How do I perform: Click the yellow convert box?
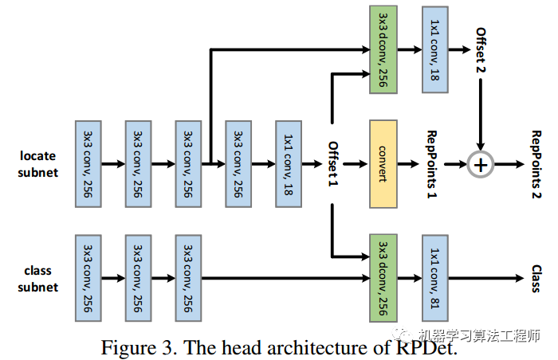coord(383,163)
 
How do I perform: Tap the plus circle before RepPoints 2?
coord(480,164)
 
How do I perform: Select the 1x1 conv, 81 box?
coord(435,278)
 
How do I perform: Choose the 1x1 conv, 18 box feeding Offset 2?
coord(435,49)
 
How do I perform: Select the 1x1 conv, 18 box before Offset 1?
coord(289,163)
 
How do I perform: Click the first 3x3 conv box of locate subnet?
coord(88,163)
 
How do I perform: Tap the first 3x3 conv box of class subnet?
coord(88,278)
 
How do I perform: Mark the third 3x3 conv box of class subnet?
coord(189,278)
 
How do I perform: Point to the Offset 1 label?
coord(334,164)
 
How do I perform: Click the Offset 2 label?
coord(481,49)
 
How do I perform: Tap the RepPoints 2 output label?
coord(536,164)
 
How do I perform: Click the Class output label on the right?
coord(536,278)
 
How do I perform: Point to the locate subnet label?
coord(37,164)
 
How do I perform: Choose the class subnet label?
coord(37,279)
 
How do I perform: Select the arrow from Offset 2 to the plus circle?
coord(481,112)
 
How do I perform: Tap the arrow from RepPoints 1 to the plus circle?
coord(457,164)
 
